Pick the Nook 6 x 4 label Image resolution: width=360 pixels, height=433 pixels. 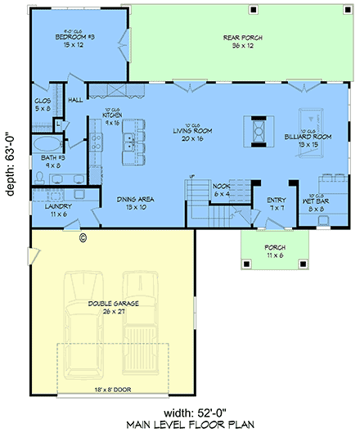point(221,189)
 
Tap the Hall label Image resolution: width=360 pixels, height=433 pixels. point(74,100)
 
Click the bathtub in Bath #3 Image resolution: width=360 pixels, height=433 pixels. point(46,147)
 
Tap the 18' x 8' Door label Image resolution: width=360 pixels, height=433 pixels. point(112,389)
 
